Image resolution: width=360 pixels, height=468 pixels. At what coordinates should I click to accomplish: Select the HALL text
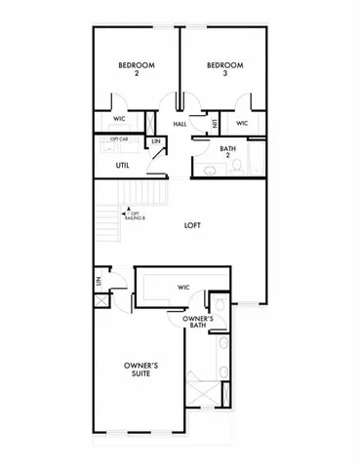pyautogui.click(x=180, y=124)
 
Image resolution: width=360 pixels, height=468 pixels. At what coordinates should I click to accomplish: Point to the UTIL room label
pyautogui.click(x=123, y=166)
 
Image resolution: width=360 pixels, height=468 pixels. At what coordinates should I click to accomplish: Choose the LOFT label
pyautogui.click(x=193, y=225)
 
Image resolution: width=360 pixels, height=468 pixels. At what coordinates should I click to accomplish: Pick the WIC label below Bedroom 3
pyautogui.click(x=242, y=124)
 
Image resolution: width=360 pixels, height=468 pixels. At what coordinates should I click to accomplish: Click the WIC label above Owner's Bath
pyautogui.click(x=182, y=287)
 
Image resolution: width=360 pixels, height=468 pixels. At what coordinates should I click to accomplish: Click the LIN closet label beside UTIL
pyautogui.click(x=156, y=142)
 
